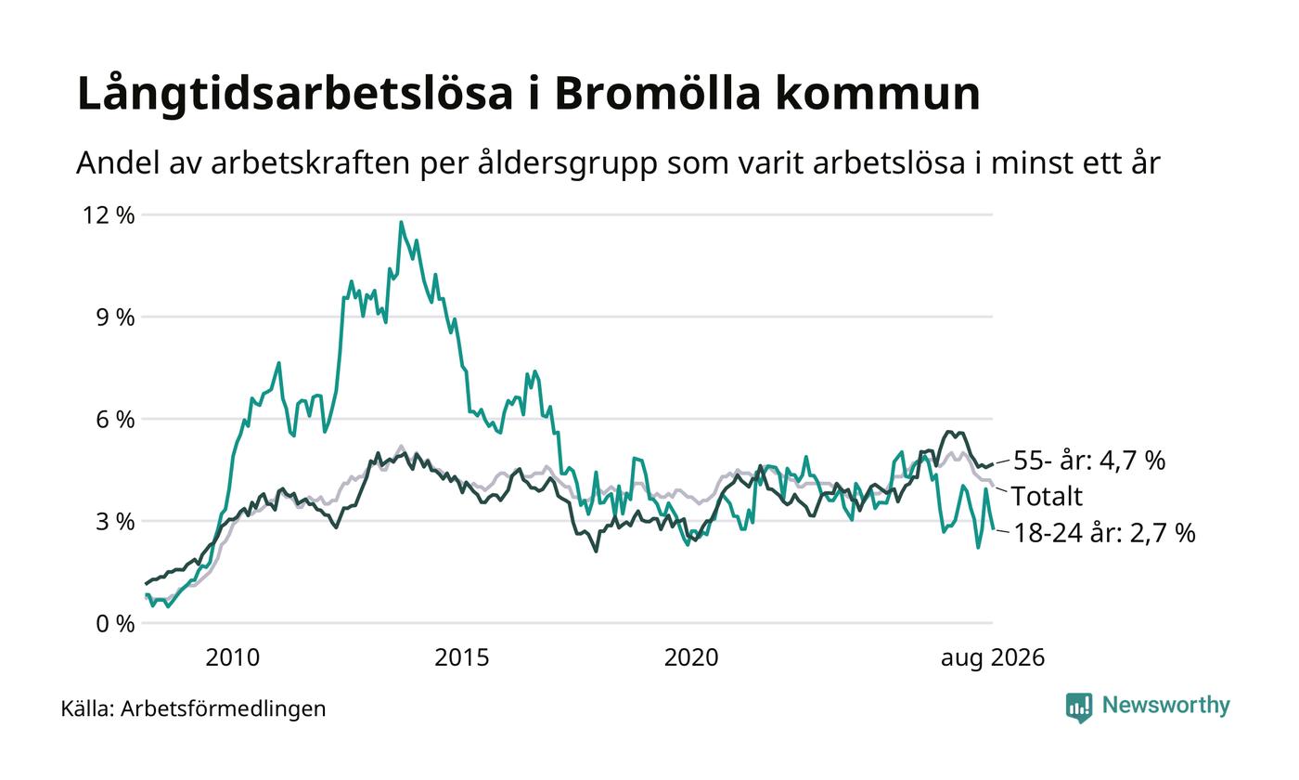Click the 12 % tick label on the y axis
[109, 215]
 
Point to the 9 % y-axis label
[115, 318]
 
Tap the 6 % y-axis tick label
[115, 419]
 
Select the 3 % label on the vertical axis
[115, 522]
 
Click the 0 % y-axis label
[115, 624]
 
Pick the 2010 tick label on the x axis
[233, 657]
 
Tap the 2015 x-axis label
[462, 657]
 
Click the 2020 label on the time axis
[691, 657]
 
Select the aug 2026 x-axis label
[993, 658]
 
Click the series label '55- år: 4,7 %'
[1089, 461]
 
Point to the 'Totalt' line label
[1047, 496]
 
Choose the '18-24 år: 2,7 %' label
[1104, 533]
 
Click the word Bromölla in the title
[657, 93]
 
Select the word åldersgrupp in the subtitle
[568, 163]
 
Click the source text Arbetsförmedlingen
[224, 709]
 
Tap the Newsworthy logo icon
[1078, 708]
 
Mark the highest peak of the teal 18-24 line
[401, 222]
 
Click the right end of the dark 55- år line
[993, 463]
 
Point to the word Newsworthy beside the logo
[1165, 705]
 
